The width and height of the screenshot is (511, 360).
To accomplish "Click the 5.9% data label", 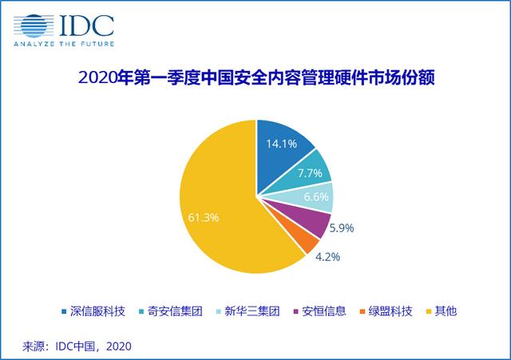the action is coord(342,228).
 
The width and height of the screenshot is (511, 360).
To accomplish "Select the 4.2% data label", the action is coord(327,257).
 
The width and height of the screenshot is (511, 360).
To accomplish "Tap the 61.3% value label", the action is coord(204,217).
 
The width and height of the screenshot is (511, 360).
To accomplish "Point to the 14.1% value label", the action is coord(282,144).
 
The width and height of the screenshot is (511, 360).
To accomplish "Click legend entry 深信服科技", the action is coord(94,311).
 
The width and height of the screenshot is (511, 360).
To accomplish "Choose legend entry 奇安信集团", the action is coord(171,311).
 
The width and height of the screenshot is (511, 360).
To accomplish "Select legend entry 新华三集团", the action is coord(248,311).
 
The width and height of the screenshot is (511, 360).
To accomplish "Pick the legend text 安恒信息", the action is coord(324,311).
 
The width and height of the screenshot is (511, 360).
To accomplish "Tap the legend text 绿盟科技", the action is coord(390,311).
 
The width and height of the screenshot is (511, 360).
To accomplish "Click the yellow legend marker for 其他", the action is coord(430,312).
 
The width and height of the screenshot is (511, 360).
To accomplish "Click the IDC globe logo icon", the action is coord(34,26).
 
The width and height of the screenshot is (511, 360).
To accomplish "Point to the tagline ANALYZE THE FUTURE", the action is coord(64,44).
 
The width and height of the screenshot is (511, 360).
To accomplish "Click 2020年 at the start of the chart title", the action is coord(105,78).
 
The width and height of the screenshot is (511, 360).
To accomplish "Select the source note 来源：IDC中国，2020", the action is coord(77,346).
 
